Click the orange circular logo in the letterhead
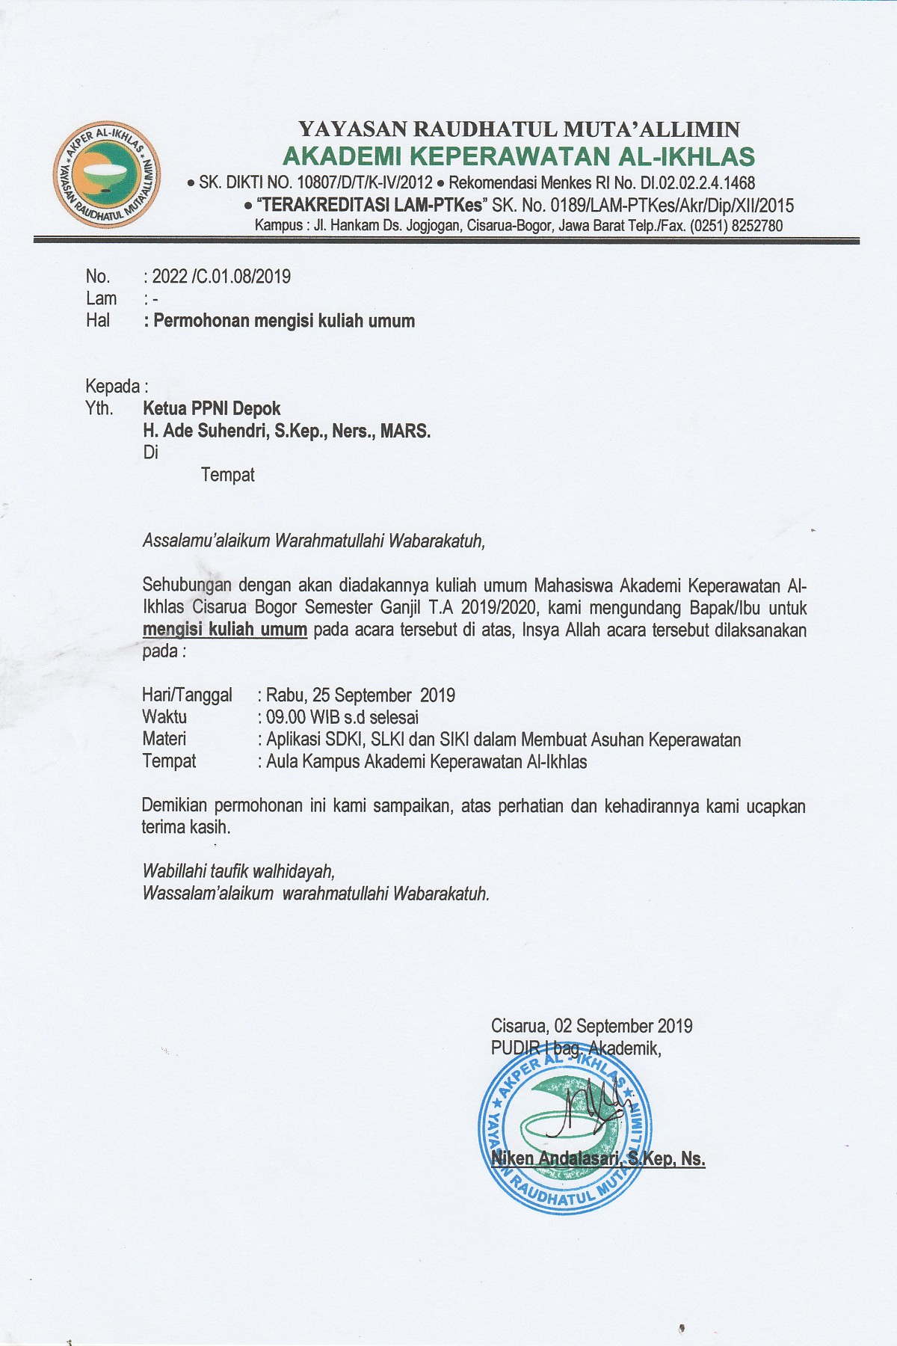pos(106,173)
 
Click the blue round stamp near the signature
pos(564,1127)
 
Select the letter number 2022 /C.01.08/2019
pos(221,277)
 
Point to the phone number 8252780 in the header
pos(754,225)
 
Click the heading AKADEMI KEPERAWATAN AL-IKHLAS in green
pos(518,156)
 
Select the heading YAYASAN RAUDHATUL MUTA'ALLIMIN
pos(518,129)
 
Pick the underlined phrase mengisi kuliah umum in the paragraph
pos(225,630)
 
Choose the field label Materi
pos(164,739)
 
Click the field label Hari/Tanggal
pos(187,695)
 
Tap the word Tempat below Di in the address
pos(228,475)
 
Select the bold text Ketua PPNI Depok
pos(212,408)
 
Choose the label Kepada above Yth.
pos(113,387)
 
